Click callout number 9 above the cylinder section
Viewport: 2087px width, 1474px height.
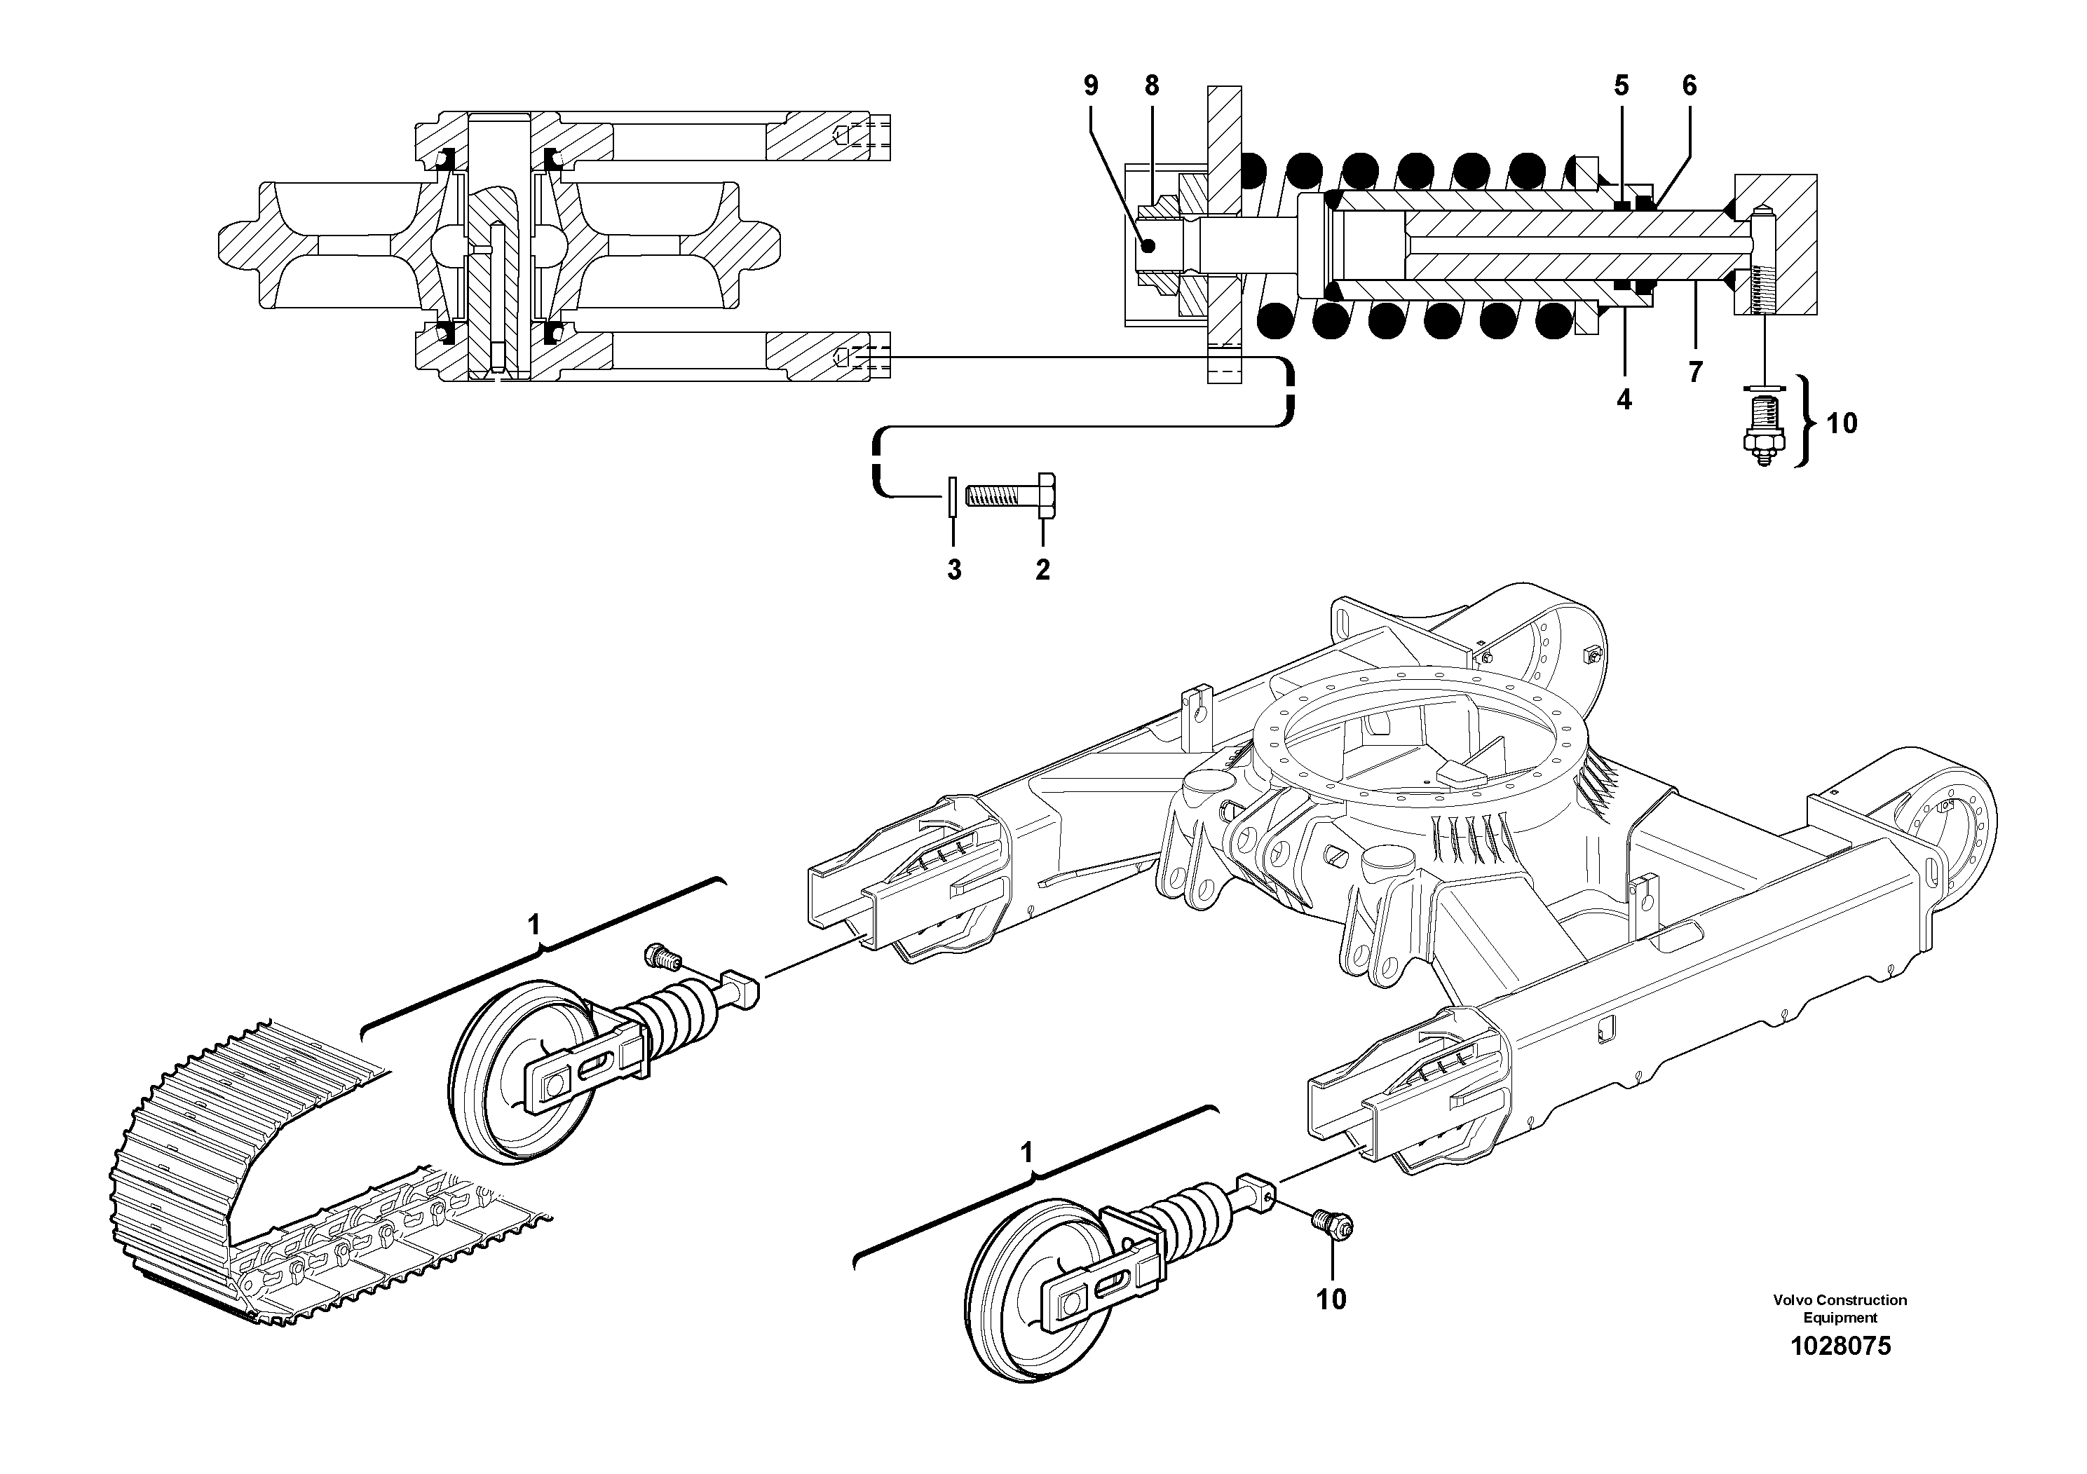coord(1091,86)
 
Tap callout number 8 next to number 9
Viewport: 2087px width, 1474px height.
coord(1152,86)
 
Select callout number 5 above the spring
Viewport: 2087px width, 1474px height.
coord(1622,86)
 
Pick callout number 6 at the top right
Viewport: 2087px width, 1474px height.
coord(1689,86)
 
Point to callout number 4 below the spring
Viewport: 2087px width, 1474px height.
coord(1624,399)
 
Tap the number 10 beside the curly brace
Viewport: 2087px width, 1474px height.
coord(1842,423)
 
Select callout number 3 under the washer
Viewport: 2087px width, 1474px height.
coord(953,570)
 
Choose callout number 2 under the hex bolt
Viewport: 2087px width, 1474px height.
coord(1042,570)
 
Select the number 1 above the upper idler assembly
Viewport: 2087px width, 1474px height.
coord(534,925)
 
